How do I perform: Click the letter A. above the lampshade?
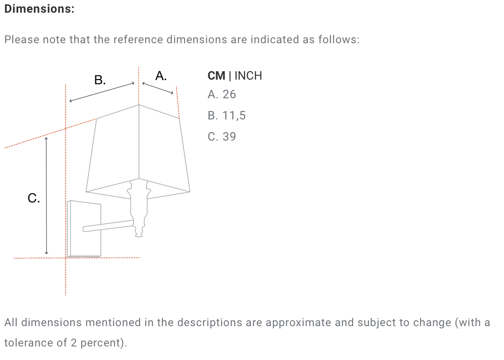pos(161,76)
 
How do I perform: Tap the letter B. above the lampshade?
pos(100,80)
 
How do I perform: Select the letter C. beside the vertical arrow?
pos(34,198)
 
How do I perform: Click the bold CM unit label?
pos(216,76)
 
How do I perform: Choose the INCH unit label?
pos(248,76)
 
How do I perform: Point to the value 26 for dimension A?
pos(229,94)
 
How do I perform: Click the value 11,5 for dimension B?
pos(234,116)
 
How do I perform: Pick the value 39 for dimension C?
pos(229,137)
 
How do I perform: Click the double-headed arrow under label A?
pos(158,88)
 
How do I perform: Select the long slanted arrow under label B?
pos(102,92)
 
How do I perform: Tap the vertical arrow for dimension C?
pos(46,196)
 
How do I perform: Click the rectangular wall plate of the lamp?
pos(84,229)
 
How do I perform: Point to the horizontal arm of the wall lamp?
pos(108,226)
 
